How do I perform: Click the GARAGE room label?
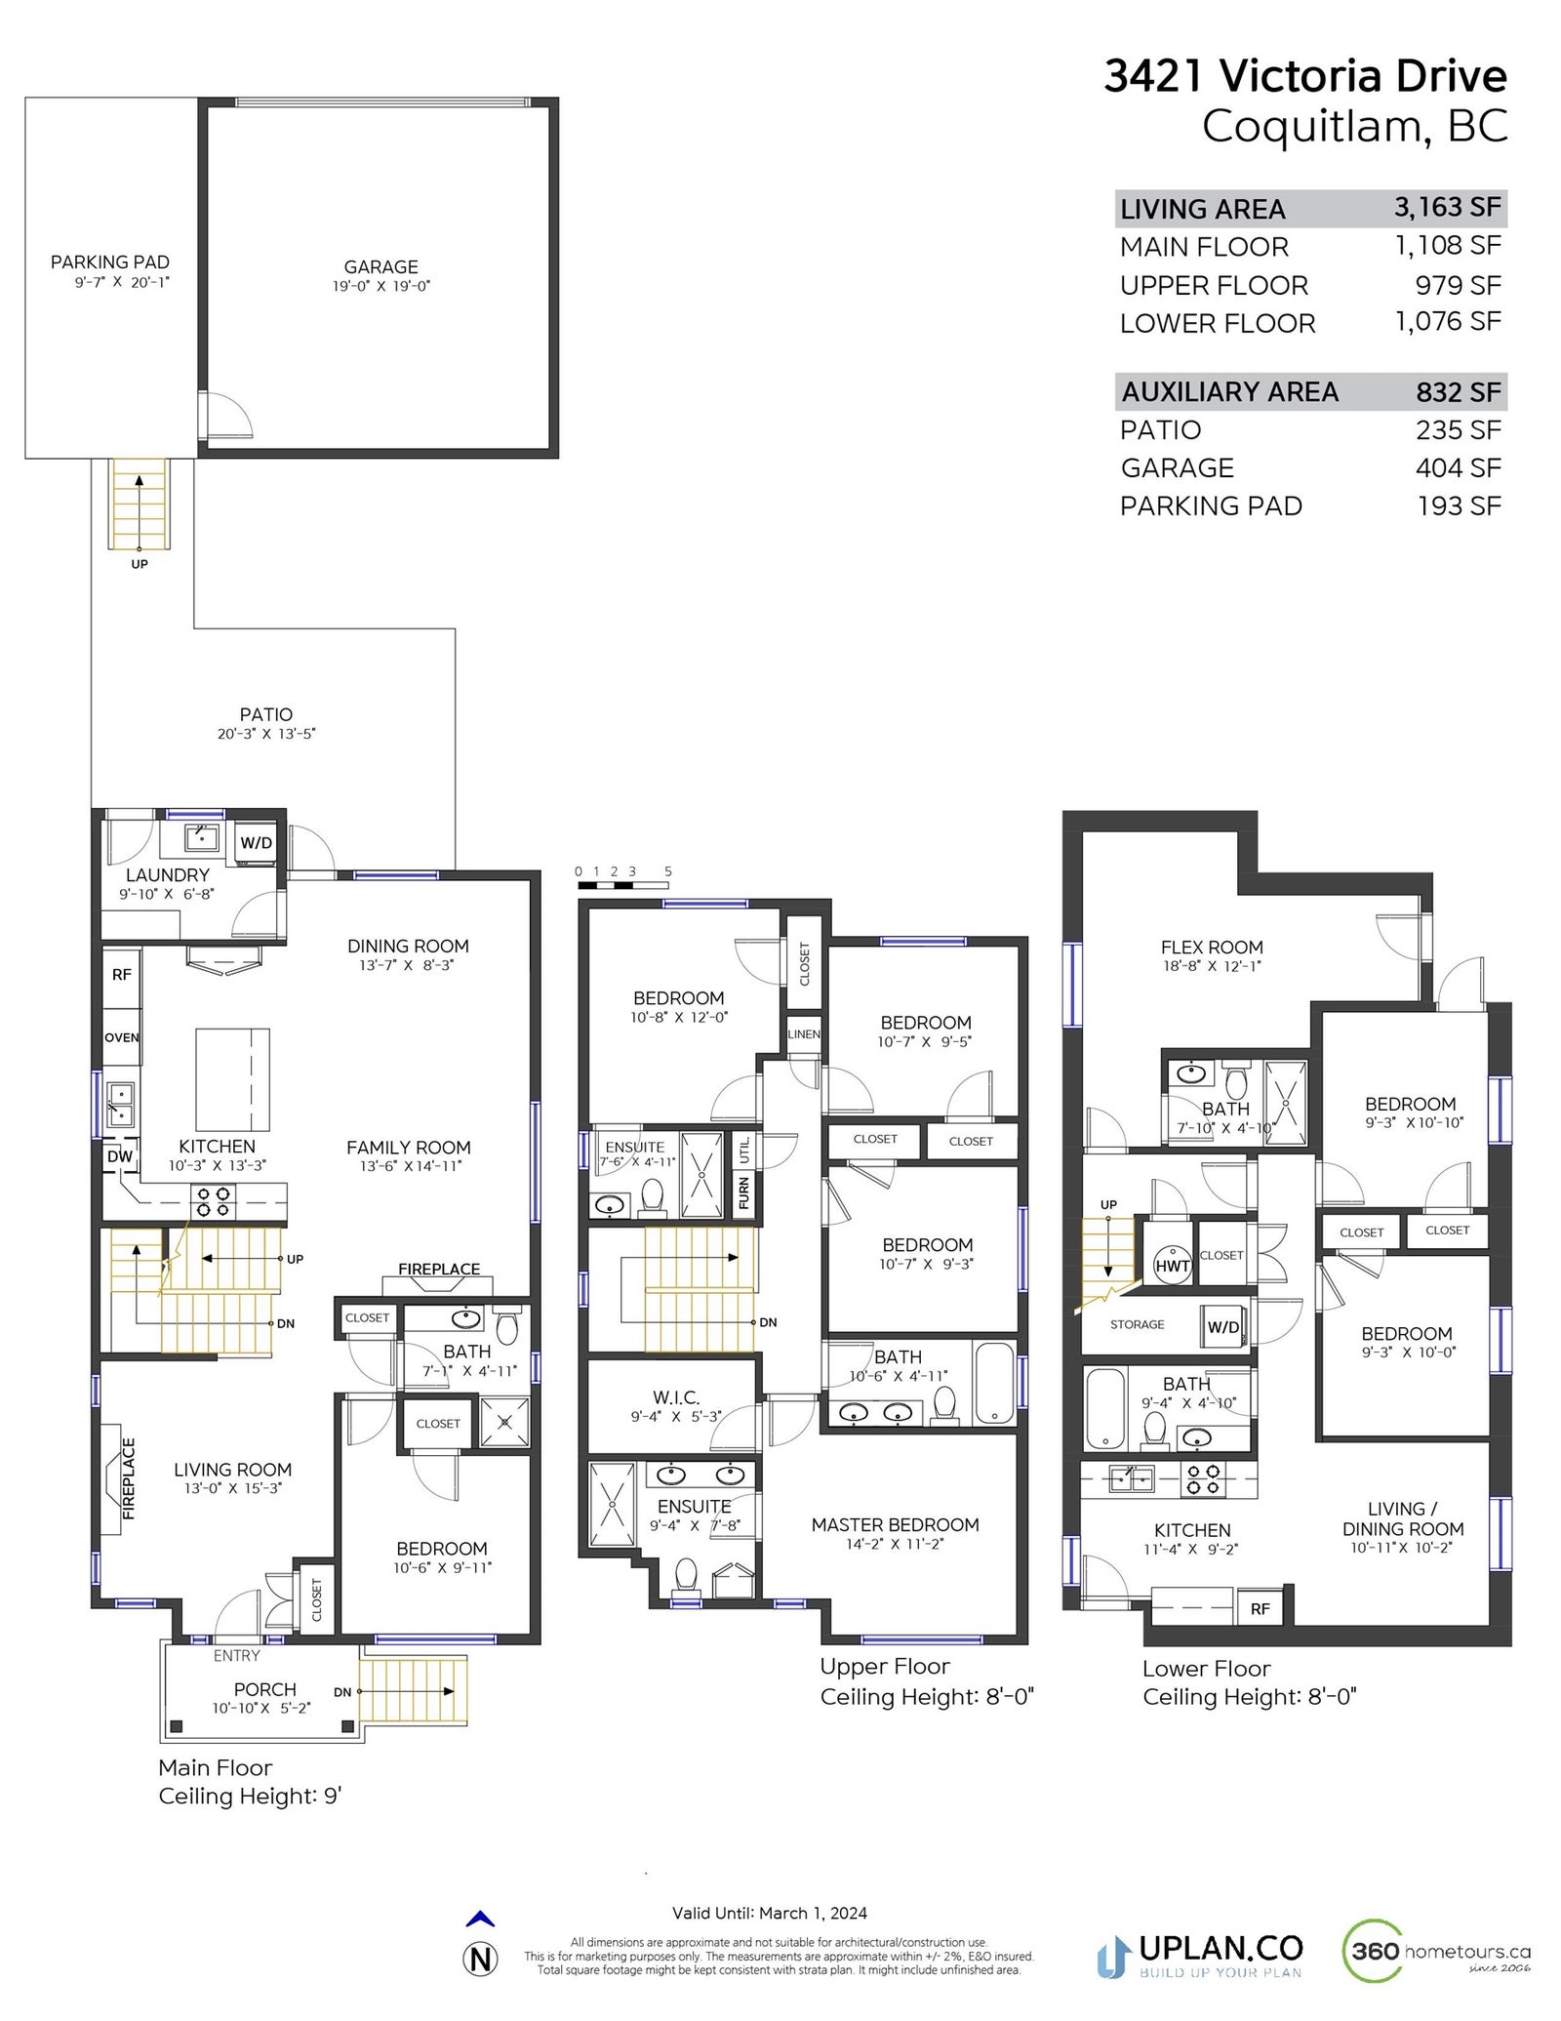pos(380,266)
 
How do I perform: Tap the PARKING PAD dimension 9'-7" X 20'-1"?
pos(122,282)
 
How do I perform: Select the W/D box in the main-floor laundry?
pos(257,843)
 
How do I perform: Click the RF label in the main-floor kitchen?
pos(121,974)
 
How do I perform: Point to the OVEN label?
pos(122,1037)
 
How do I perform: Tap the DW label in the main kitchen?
pos(120,1156)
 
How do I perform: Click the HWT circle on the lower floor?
pos(1172,1266)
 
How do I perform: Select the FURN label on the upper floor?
pos(744,1192)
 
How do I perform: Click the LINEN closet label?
pos(804,1034)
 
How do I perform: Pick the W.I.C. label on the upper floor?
pos(676,1397)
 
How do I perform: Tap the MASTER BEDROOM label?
pos(895,1524)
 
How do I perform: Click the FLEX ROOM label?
pos(1212,947)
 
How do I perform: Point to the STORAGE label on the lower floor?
pos(1137,1324)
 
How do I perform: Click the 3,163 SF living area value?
pos(1447,207)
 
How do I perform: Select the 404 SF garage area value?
pos(1459,468)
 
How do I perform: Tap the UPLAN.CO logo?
pos(1200,1952)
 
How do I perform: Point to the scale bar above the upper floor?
pos(622,885)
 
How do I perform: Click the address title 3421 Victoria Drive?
pos(1305,76)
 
